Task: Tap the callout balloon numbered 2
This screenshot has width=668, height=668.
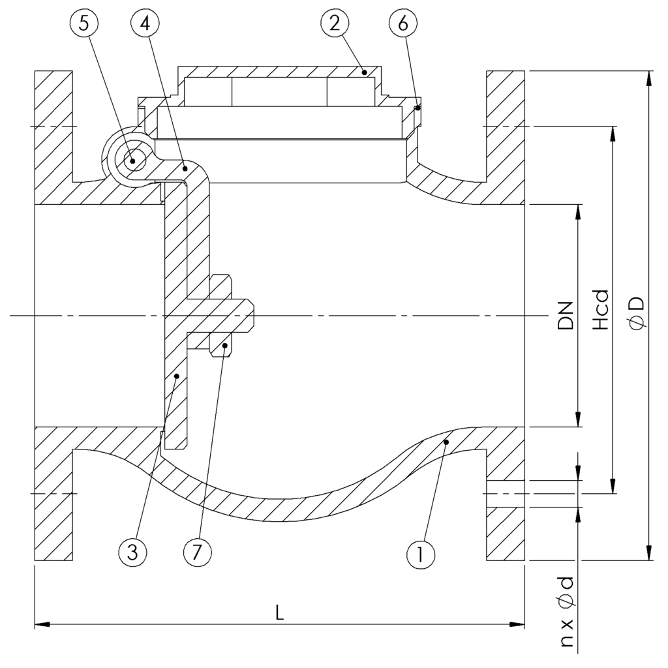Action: [333, 24]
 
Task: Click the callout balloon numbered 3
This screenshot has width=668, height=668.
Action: [132, 553]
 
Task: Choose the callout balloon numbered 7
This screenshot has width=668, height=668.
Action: [198, 553]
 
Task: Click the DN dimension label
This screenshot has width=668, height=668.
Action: [566, 316]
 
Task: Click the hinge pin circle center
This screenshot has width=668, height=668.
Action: [133, 160]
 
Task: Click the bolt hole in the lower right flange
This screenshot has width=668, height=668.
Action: [506, 494]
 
